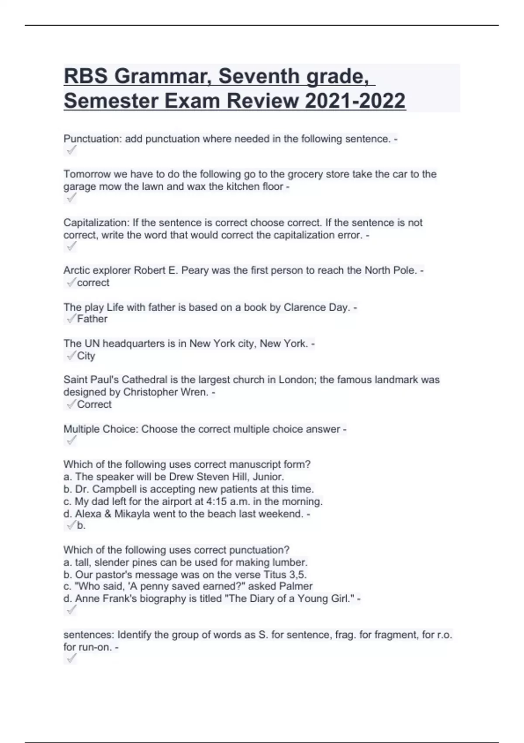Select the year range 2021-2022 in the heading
(x=355, y=101)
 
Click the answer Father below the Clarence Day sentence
(x=92, y=319)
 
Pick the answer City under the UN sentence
(x=86, y=356)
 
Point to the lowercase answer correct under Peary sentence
(x=93, y=283)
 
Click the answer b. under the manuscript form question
(x=81, y=525)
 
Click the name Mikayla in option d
(x=132, y=514)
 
